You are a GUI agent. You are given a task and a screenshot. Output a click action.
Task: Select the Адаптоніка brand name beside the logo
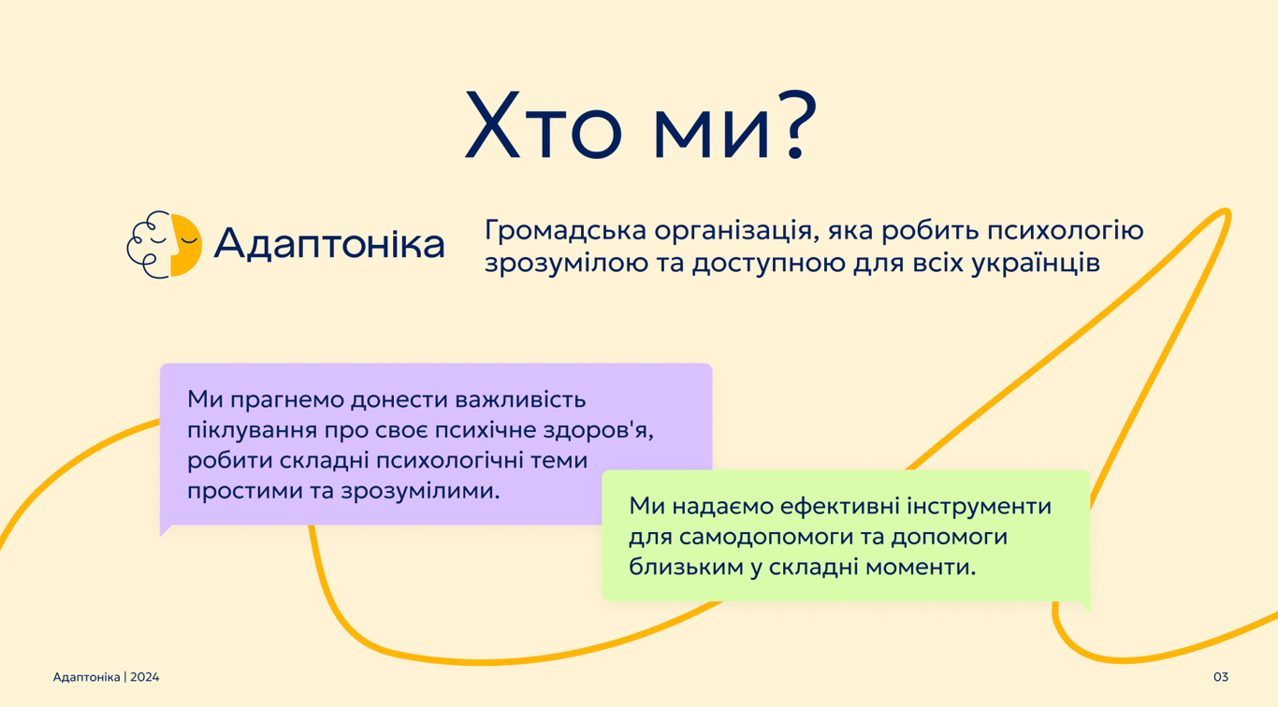pos(329,243)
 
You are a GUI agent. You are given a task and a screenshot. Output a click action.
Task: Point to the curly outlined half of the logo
pos(149,245)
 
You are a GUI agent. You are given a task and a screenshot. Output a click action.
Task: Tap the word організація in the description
pos(737,232)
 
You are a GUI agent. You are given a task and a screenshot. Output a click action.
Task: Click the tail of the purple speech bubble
pos(165,531)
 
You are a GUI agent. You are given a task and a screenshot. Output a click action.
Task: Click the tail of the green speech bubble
pos(1084,606)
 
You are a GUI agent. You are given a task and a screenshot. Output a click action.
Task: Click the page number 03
pos(1220,677)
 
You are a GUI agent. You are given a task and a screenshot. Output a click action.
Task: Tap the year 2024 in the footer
pos(144,677)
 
